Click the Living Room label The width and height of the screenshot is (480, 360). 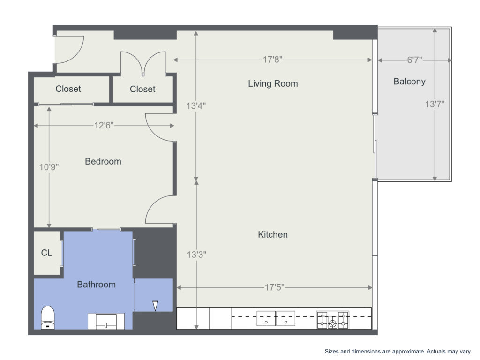click(273, 83)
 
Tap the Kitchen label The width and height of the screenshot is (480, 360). click(273, 234)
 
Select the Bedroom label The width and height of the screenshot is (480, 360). click(103, 161)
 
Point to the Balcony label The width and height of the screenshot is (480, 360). click(409, 82)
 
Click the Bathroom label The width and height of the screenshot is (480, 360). click(96, 285)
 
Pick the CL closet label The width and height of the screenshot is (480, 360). click(46, 253)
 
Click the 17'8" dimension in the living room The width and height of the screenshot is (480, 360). click(272, 60)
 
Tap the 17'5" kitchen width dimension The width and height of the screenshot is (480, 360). click(274, 287)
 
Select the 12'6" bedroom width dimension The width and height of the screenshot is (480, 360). click(104, 125)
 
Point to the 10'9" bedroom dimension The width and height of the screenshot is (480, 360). click(49, 167)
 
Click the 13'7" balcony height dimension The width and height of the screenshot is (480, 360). click(435, 105)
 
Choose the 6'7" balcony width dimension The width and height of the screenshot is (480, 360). click(414, 60)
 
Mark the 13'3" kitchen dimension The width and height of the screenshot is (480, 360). click(196, 255)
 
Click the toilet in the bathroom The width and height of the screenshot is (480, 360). click(48, 317)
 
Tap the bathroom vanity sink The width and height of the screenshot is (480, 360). click(106, 322)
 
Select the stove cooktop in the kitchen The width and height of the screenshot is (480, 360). click(332, 320)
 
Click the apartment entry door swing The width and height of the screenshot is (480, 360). click(70, 50)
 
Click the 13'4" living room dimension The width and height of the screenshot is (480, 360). click(196, 106)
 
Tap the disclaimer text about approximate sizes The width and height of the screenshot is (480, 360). click(398, 352)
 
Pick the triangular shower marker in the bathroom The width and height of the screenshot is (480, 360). click(155, 306)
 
